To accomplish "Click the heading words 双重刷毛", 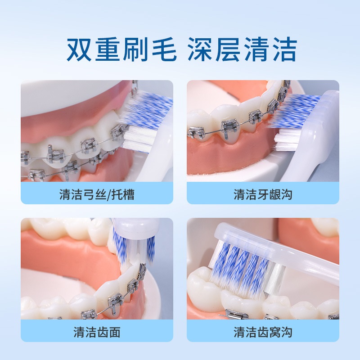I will [121, 49].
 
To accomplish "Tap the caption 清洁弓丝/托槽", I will [97, 194].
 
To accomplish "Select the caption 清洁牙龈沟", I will [263, 194].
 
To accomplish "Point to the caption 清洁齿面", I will [97, 333].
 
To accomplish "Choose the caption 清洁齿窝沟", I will [263, 333].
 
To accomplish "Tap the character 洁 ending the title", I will [283, 49].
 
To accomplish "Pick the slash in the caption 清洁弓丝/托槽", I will [111, 194].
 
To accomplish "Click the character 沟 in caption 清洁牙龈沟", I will [286, 194].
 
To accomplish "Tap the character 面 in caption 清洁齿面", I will [114, 333].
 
